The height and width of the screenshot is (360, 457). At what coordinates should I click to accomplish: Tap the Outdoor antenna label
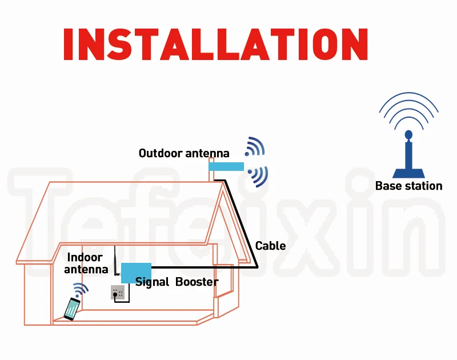184,153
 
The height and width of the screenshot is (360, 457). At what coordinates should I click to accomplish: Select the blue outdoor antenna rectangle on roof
226,166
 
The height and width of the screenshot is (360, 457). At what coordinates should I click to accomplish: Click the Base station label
408,186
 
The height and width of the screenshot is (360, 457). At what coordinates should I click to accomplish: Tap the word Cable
270,246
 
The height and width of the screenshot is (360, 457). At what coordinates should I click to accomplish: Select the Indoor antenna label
85,263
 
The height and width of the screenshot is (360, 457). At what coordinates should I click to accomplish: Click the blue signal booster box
136,272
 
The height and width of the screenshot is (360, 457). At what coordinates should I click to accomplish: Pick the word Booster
197,282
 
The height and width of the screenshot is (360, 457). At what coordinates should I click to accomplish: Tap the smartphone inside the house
72,309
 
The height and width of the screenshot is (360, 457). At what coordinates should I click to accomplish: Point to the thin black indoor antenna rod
115,260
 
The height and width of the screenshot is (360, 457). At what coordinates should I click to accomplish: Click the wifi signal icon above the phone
81,290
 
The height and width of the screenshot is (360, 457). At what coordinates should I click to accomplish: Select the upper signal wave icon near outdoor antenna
254,147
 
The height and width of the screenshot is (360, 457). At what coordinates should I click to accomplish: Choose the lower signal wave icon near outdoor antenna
259,176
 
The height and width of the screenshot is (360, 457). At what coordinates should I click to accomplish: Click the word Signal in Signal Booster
153,282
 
